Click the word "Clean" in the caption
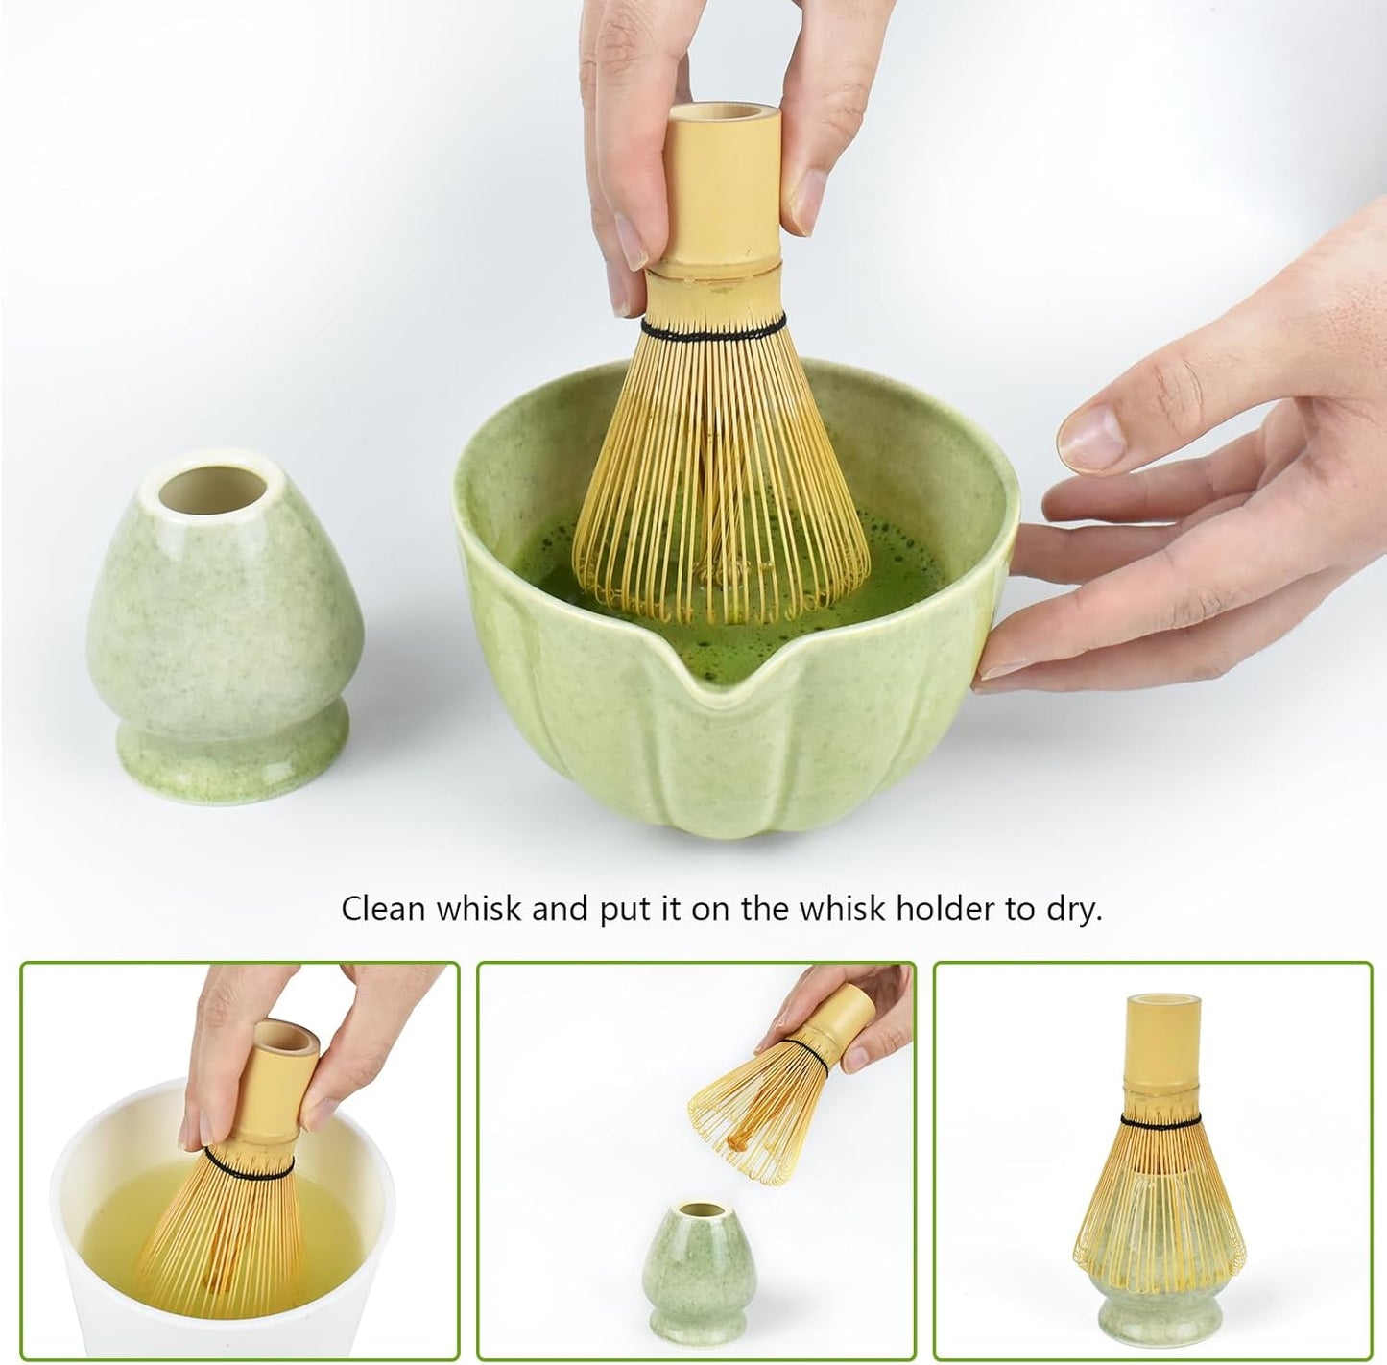[382, 909]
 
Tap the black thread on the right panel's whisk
[1160, 1120]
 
